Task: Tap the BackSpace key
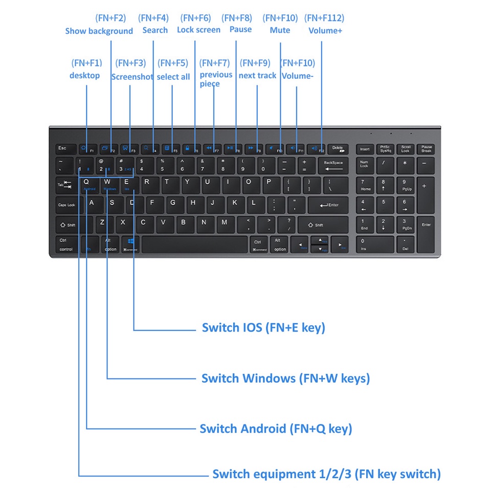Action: pos(333,166)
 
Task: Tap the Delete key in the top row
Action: pos(338,149)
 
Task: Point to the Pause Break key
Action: pos(427,149)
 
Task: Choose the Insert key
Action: pos(365,149)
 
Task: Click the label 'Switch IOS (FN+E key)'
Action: pos(263,327)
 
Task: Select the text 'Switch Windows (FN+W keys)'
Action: pos(285,378)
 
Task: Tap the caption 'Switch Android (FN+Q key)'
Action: pos(276,429)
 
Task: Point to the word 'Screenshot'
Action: pos(132,77)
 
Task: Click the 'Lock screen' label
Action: pos(198,30)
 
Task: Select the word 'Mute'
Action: pos(280,30)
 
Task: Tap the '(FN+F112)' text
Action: pos(324,18)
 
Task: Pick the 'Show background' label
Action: pos(99,31)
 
